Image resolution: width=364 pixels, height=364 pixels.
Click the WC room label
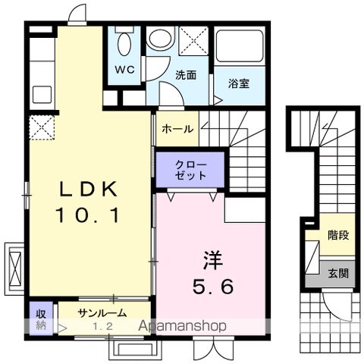tap(124, 69)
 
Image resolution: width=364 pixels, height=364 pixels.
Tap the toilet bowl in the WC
tap(124, 44)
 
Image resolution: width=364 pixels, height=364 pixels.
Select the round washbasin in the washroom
tap(161, 38)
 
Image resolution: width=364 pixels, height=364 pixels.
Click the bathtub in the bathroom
tap(240, 45)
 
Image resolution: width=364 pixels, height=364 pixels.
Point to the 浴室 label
tap(239, 83)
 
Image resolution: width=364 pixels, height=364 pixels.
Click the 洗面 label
tap(186, 75)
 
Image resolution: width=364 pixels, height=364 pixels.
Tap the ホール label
tap(177, 129)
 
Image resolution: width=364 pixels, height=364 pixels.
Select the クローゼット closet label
tap(190, 170)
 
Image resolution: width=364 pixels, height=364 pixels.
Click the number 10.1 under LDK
tap(88, 215)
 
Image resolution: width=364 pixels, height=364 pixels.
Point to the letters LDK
tap(88, 189)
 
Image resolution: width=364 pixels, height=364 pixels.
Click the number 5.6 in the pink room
tap(212, 287)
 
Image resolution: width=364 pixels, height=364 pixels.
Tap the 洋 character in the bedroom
tap(213, 260)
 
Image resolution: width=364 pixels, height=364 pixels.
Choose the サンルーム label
tap(102, 313)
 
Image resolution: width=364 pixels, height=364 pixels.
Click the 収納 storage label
tap(41, 319)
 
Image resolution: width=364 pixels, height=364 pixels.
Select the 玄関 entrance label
tap(338, 273)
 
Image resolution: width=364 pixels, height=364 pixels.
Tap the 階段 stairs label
tap(338, 235)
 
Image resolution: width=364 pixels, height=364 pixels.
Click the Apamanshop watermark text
tap(182, 326)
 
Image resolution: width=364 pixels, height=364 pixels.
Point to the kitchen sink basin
tap(42, 95)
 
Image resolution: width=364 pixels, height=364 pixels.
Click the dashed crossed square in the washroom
tap(194, 41)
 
